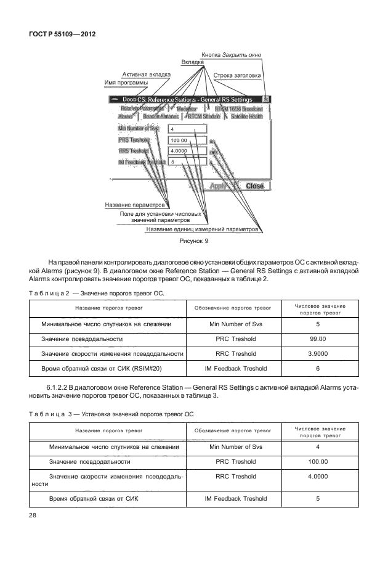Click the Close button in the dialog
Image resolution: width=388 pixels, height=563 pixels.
point(254,186)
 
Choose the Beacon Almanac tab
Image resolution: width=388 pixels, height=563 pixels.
point(161,116)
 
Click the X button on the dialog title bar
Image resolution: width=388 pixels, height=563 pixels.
point(266,98)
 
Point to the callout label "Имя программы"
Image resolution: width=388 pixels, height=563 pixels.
point(126,83)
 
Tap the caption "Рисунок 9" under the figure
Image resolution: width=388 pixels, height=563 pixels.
point(194,241)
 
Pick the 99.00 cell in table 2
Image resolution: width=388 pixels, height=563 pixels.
point(317,339)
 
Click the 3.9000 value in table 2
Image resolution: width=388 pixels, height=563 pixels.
point(317,353)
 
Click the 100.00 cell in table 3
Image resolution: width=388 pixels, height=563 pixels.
point(317,461)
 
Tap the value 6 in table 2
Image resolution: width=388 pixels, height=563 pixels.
point(317,368)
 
